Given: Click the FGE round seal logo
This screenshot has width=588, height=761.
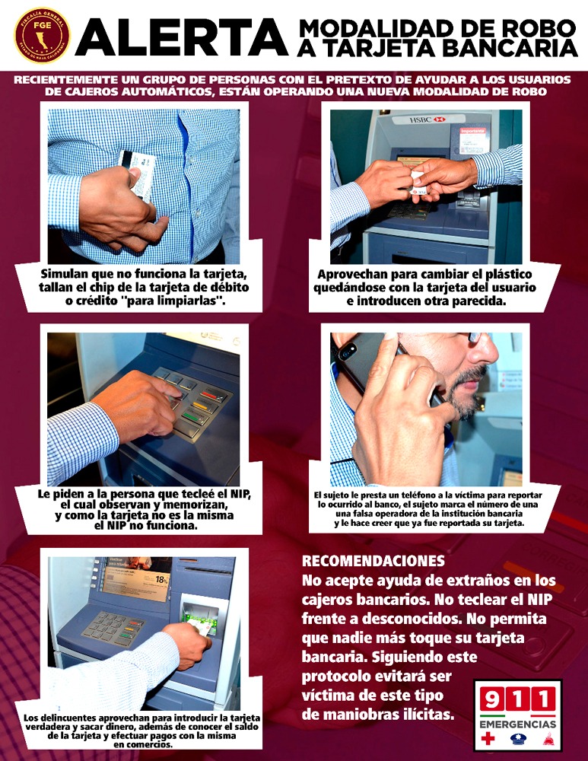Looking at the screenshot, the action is (x=42, y=35).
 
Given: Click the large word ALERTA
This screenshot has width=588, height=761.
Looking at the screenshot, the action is (x=182, y=38).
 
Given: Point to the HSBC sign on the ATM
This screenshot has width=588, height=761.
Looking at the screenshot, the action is (x=427, y=119).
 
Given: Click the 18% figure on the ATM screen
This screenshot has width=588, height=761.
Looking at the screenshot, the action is (x=161, y=579).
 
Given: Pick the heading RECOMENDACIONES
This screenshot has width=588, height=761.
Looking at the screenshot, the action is (x=373, y=561).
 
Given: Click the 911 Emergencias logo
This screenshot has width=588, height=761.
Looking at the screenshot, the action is (x=518, y=715).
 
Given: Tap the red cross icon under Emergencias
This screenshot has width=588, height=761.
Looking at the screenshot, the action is (x=488, y=738).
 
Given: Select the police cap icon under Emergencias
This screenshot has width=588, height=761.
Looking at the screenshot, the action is (x=518, y=739).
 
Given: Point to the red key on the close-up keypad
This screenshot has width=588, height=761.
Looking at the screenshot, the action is (x=213, y=395).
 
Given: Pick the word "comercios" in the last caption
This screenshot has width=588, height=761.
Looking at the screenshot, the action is (x=149, y=744).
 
